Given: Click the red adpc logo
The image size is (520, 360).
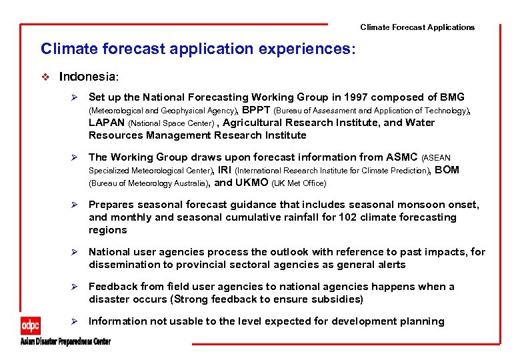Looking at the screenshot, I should (x=31, y=325).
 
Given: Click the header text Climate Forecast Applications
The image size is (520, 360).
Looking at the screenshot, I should (x=417, y=27).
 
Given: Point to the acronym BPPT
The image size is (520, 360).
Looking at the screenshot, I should (x=257, y=110).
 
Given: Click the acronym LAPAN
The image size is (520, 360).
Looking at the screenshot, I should (x=107, y=123).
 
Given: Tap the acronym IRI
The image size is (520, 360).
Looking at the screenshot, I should (x=225, y=170).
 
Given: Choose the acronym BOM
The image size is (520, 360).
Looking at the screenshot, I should (x=447, y=170).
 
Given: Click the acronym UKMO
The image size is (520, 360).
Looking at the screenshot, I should (x=251, y=183).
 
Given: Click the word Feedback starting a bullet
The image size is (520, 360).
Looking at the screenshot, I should (x=115, y=287).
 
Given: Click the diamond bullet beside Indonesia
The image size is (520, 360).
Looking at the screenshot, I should (x=45, y=77).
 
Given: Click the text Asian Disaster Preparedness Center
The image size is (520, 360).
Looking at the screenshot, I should (x=65, y=342).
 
